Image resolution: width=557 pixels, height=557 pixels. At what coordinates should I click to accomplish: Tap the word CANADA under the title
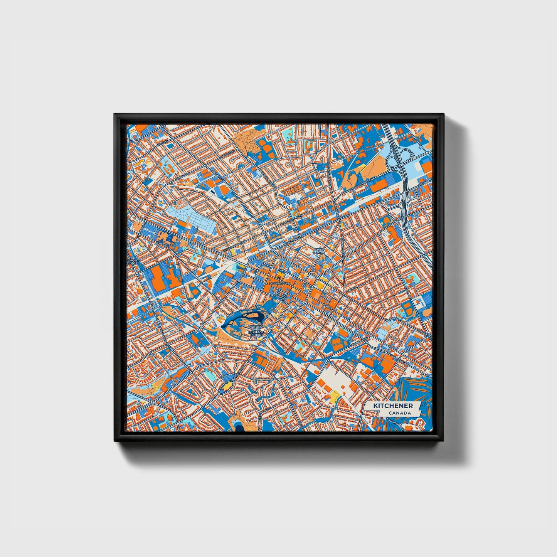[399, 413]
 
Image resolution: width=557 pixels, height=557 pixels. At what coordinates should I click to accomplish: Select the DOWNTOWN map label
[279, 283]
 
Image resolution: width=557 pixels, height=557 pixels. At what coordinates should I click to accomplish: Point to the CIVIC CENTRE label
[320, 251]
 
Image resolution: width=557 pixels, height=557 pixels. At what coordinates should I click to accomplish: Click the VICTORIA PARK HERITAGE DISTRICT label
[256, 331]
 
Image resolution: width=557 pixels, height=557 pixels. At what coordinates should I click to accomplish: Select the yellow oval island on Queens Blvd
[227, 385]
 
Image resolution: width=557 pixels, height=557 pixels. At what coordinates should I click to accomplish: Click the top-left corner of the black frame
[115, 115]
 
